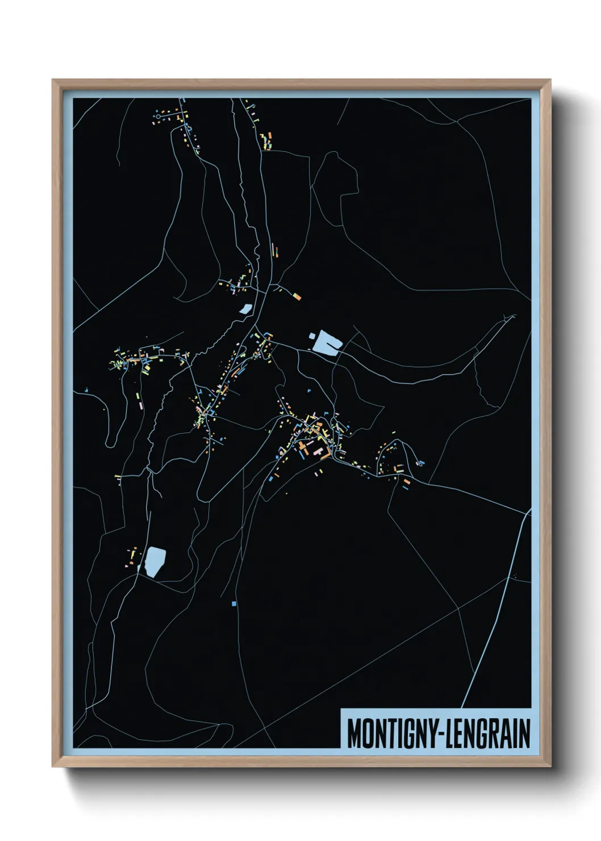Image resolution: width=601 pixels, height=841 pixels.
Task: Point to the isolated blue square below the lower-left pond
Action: coord(233,603)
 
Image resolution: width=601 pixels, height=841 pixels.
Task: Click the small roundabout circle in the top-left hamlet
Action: coord(157,116)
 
